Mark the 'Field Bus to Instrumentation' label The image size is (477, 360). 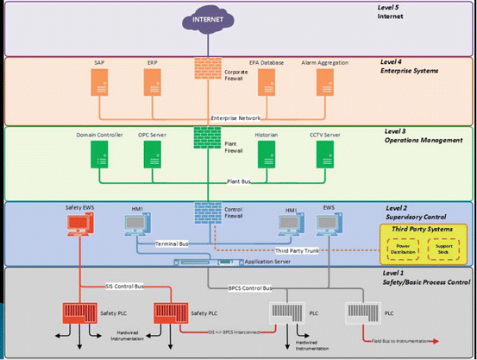coord(414,342)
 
